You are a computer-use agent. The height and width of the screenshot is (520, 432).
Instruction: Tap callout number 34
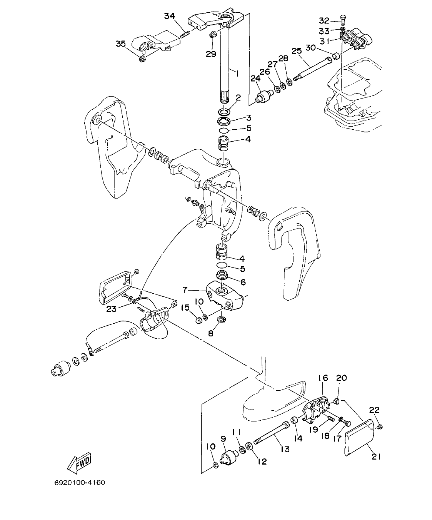coord(170,16)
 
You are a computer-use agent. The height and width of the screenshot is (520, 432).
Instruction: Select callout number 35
coord(121,44)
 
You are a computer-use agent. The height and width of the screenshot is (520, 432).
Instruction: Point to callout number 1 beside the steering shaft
coord(237,73)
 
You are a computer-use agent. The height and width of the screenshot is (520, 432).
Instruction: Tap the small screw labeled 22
coord(380,426)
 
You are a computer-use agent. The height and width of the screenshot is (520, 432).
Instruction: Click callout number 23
coord(111,309)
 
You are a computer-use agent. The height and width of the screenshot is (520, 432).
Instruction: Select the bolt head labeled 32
coord(343,19)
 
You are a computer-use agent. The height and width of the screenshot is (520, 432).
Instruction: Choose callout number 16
coord(322,378)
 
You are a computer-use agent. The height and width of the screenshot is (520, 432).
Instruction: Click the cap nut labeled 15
coord(197,320)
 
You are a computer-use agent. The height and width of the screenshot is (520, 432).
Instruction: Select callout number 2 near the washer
coord(238,98)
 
